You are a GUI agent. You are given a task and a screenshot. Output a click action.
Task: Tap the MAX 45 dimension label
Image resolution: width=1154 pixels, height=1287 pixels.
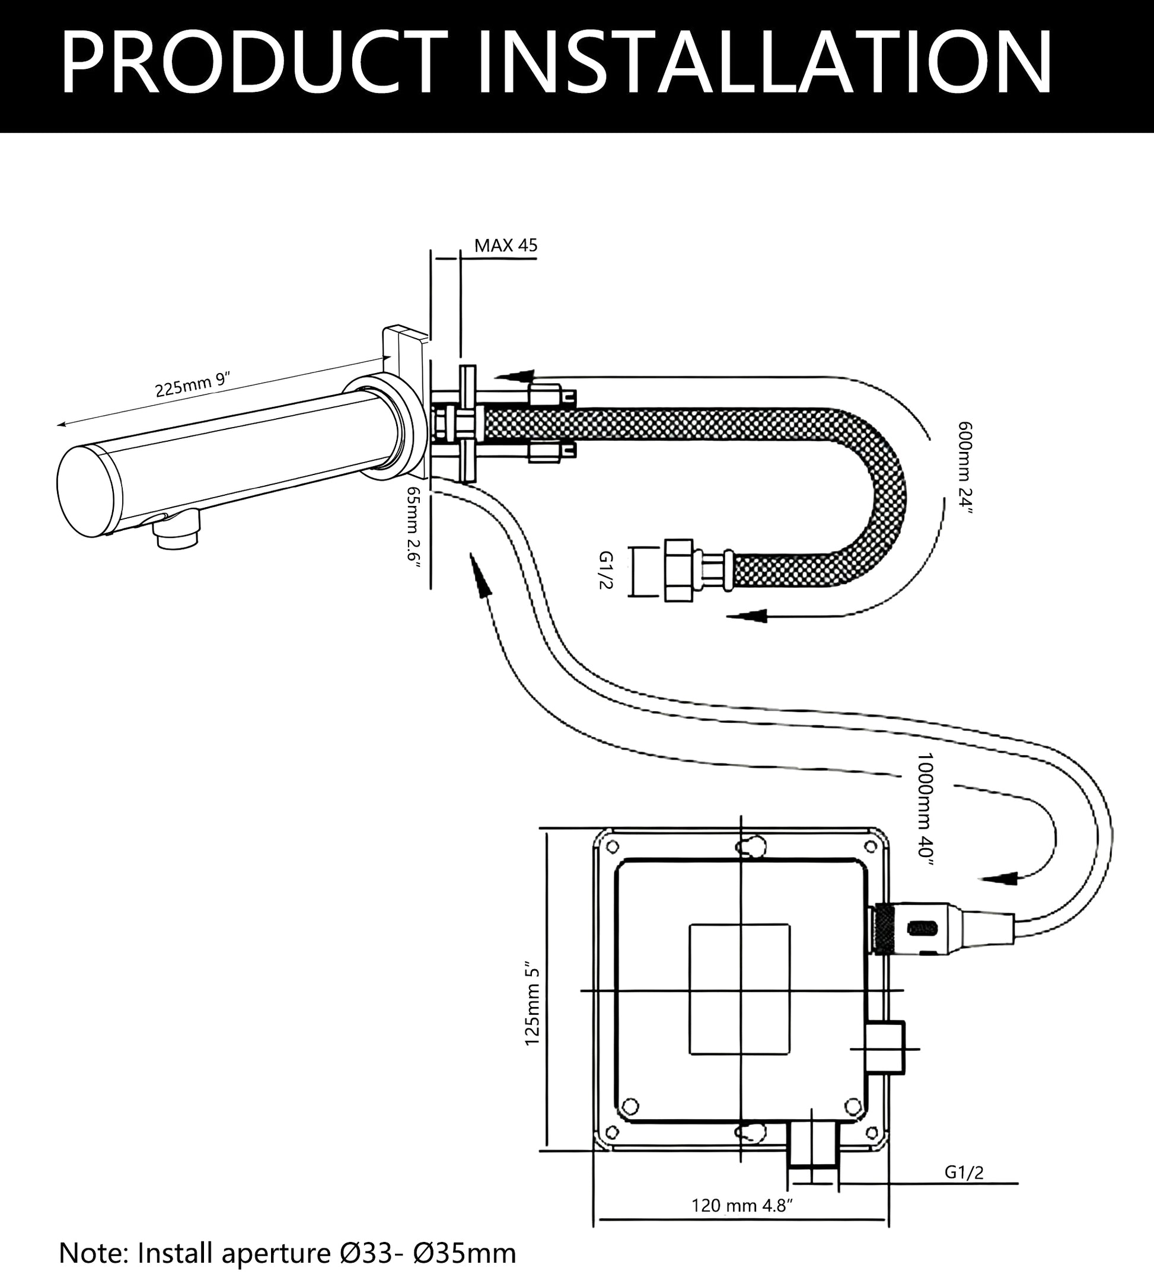coord(506,246)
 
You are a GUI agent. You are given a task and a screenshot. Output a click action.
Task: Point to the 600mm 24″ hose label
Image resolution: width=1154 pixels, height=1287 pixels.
coord(965,468)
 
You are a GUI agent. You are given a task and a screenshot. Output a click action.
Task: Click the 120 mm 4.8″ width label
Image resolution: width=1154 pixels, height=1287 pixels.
coord(742,1205)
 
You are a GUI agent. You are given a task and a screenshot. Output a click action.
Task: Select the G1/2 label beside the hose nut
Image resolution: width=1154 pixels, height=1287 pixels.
coord(605,570)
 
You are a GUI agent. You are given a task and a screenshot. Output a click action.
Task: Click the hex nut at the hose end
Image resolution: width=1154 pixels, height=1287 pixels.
coord(680,569)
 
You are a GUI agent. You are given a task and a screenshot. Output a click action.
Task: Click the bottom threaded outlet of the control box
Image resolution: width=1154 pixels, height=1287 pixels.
coord(813,1149)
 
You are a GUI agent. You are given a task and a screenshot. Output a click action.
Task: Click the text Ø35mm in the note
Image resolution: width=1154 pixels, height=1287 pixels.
coord(465,1253)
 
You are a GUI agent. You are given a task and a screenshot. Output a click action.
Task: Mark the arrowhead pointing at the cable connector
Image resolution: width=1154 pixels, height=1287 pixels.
coord(1000,879)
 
